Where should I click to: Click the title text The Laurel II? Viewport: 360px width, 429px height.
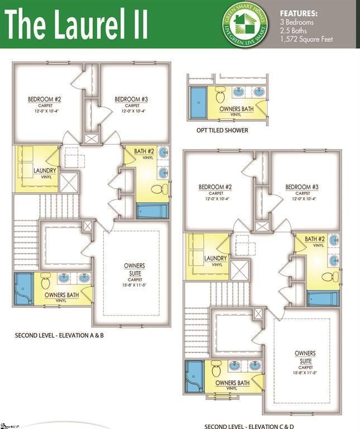click(76, 25)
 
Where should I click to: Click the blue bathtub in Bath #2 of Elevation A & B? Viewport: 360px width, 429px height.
click(152, 211)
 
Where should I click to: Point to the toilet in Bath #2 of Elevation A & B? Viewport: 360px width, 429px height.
click(162, 188)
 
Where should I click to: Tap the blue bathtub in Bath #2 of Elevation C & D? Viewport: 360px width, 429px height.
click(323, 298)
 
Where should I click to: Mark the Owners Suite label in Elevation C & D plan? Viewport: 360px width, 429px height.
click(305, 360)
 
